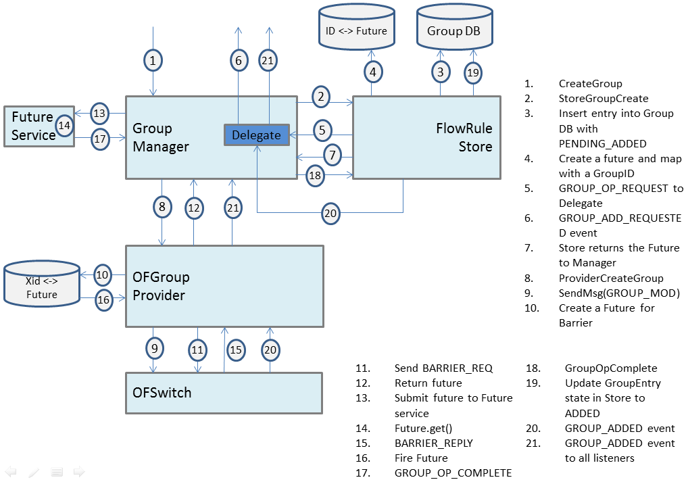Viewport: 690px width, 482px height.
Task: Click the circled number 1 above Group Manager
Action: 153,61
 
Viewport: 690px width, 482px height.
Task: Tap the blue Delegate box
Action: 256,135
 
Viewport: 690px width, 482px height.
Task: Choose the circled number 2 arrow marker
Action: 321,97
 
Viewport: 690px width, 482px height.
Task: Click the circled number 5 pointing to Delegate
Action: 322,129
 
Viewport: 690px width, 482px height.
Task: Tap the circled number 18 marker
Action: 316,175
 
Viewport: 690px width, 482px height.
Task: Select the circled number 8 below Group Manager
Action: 162,208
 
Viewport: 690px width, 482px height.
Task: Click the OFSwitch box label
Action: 162,392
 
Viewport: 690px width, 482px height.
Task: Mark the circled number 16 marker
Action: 103,300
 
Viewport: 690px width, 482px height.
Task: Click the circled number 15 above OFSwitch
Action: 235,350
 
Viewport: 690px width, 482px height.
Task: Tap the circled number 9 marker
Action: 155,349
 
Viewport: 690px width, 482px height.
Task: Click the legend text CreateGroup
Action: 590,84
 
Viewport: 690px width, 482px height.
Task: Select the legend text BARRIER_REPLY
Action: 433,443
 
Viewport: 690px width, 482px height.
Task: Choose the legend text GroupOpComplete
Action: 610,368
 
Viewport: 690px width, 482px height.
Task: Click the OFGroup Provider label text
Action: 161,286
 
